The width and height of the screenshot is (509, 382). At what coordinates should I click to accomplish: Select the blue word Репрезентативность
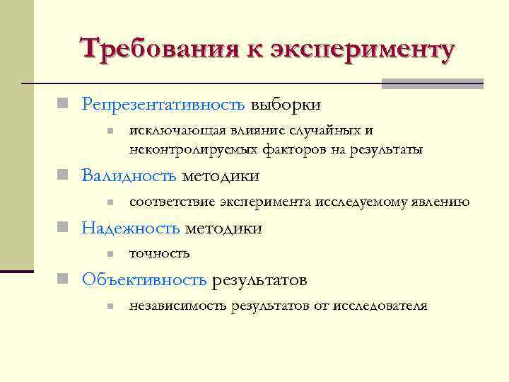pyautogui.click(x=163, y=105)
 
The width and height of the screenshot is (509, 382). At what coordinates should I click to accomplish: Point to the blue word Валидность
pyautogui.click(x=130, y=175)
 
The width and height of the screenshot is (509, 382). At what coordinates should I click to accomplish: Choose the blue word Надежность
pyautogui.click(x=131, y=228)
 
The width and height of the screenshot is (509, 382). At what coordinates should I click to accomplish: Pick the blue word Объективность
pyautogui.click(x=144, y=280)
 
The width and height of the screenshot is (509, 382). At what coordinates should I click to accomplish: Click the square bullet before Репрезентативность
pyautogui.click(x=63, y=105)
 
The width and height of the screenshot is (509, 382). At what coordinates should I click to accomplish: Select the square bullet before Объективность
pyautogui.click(x=63, y=280)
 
